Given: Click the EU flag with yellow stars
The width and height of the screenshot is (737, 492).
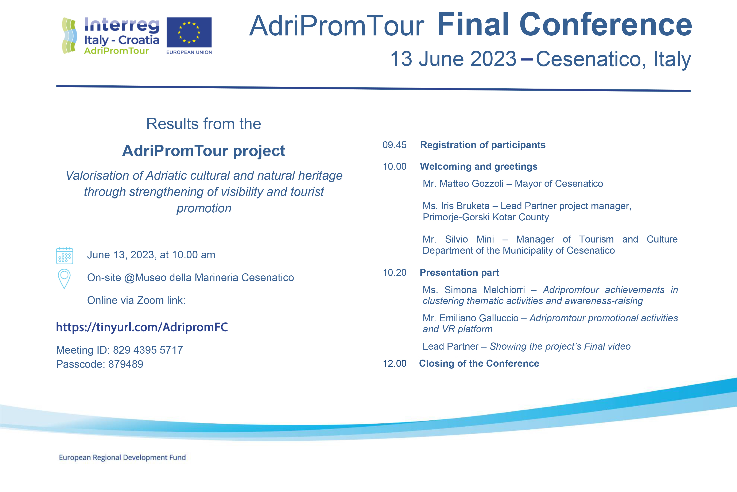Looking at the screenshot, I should [x=189, y=32].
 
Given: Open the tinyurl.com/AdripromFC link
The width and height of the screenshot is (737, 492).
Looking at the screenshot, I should [x=142, y=327].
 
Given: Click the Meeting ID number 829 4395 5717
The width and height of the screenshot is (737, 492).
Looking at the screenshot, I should [x=148, y=350].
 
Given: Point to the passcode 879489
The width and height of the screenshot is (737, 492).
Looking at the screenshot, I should [x=125, y=364].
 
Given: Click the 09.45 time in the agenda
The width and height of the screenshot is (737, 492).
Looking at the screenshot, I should [x=394, y=145].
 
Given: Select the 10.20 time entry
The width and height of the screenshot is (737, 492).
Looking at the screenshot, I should [x=394, y=272].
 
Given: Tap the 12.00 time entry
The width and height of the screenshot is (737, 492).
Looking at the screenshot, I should [x=394, y=363].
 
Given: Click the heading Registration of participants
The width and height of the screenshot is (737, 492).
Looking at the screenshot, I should [x=482, y=145].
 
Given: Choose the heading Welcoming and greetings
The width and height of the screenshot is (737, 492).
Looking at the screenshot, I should [x=478, y=166].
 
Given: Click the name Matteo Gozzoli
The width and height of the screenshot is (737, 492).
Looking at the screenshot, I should [x=472, y=183].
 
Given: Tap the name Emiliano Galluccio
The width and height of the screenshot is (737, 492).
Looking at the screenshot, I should [x=479, y=318].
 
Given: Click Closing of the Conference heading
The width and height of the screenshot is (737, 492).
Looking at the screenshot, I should [x=479, y=363].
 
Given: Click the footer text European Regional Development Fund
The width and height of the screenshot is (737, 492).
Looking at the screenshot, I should [x=122, y=457].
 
